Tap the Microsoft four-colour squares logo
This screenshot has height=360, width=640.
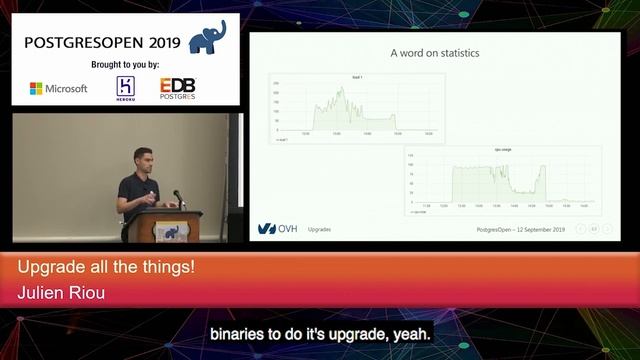(x=36, y=88)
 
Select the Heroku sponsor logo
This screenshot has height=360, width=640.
(x=125, y=87)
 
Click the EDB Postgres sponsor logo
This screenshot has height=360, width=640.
(x=178, y=88)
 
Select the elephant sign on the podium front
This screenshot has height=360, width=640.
(x=172, y=231)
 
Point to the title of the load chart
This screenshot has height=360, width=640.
(x=356, y=77)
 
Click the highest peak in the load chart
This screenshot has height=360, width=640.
(x=342, y=90)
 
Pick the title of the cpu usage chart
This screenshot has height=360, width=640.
(x=502, y=150)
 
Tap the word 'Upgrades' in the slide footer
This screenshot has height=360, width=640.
(x=320, y=229)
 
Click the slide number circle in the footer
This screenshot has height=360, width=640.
(x=594, y=229)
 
